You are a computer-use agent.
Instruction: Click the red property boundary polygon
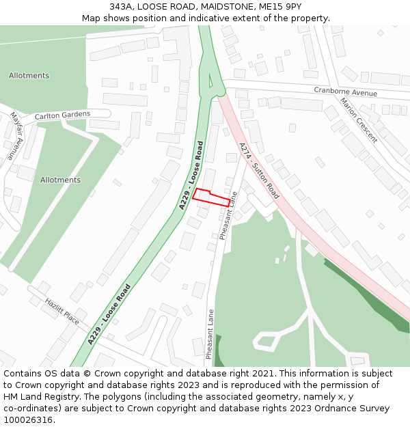coord(211,197)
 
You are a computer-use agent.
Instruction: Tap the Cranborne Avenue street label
coord(345,92)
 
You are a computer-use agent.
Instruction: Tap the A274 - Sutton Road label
coord(259,170)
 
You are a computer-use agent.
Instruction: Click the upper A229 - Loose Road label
coord(192,175)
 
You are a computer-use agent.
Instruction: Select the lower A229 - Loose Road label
coord(109,314)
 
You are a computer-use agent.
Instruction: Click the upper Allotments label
coord(29,75)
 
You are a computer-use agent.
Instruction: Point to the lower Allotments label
coord(60,180)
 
